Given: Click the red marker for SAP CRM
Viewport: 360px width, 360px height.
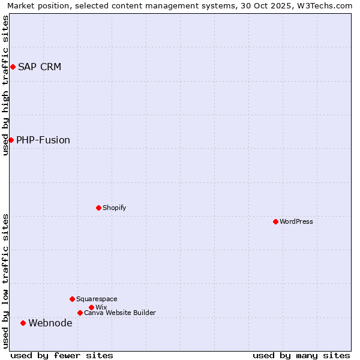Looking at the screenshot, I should (x=13, y=67).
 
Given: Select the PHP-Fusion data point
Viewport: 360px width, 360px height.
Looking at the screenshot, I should (x=11, y=140).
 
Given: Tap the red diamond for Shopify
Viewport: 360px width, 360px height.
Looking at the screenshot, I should (x=98, y=208).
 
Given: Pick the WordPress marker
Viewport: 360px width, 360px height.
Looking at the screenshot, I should (x=275, y=221).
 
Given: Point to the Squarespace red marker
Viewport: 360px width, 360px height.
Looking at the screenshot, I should (x=72, y=299).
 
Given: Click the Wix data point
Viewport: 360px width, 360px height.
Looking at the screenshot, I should (x=91, y=307).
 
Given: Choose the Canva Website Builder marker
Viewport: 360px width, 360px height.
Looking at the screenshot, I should (x=80, y=313).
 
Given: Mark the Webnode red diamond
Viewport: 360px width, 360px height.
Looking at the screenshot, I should (x=23, y=323).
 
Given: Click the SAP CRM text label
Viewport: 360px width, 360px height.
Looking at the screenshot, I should (x=40, y=67).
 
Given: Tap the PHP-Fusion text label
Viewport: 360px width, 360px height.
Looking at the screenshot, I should (x=43, y=140).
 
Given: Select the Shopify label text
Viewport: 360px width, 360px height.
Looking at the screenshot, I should (x=114, y=208).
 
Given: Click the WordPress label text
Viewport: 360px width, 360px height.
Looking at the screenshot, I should (x=296, y=221).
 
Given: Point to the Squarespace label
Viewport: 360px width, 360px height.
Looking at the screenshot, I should (x=97, y=299).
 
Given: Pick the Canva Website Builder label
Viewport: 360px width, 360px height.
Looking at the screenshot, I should (x=120, y=313).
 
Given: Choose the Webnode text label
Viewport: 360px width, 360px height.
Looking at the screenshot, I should (x=50, y=323).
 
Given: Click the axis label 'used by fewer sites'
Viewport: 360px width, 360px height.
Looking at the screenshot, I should (x=62, y=355).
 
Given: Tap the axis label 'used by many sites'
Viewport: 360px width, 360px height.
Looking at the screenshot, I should (x=301, y=355).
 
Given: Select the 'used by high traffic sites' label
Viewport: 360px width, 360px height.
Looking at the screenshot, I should (x=5, y=85).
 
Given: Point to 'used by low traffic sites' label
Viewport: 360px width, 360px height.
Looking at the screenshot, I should (x=5, y=281).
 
